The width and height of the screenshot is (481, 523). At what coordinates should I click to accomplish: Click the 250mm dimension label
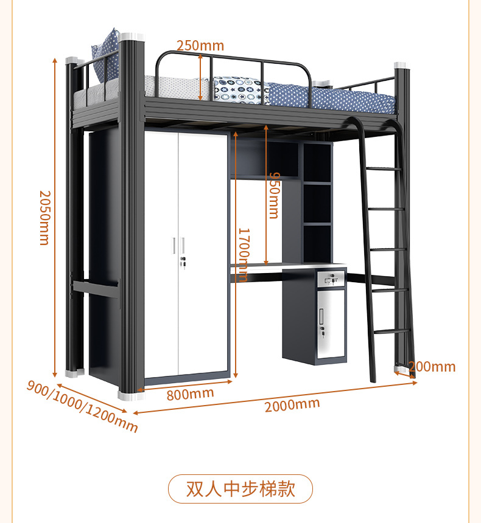pyautogui.click(x=200, y=46)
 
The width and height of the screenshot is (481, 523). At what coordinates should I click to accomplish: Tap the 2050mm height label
pyautogui.click(x=44, y=217)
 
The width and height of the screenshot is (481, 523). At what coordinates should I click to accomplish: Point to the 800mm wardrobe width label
pyautogui.click(x=190, y=394)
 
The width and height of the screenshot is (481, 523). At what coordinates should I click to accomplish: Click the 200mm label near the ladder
pyautogui.click(x=432, y=367)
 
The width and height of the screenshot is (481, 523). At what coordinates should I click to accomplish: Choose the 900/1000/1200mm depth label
pyautogui.click(x=82, y=406)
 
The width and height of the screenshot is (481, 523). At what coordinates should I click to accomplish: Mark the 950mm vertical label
pyautogui.click(x=273, y=195)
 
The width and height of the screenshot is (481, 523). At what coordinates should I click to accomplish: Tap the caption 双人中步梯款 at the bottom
pyautogui.click(x=240, y=489)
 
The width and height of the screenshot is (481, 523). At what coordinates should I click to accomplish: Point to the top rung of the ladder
pyautogui.click(x=381, y=168)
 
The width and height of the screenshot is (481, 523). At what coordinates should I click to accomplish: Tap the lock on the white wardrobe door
pyautogui.click(x=182, y=261)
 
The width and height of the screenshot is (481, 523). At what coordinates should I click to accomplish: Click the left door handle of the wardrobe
pyautogui.click(x=174, y=245)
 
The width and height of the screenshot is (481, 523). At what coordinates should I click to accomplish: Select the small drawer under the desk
pyautogui.click(x=331, y=280)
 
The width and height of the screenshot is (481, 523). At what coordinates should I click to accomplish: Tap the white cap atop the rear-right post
pyautogui.click(x=400, y=65)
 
